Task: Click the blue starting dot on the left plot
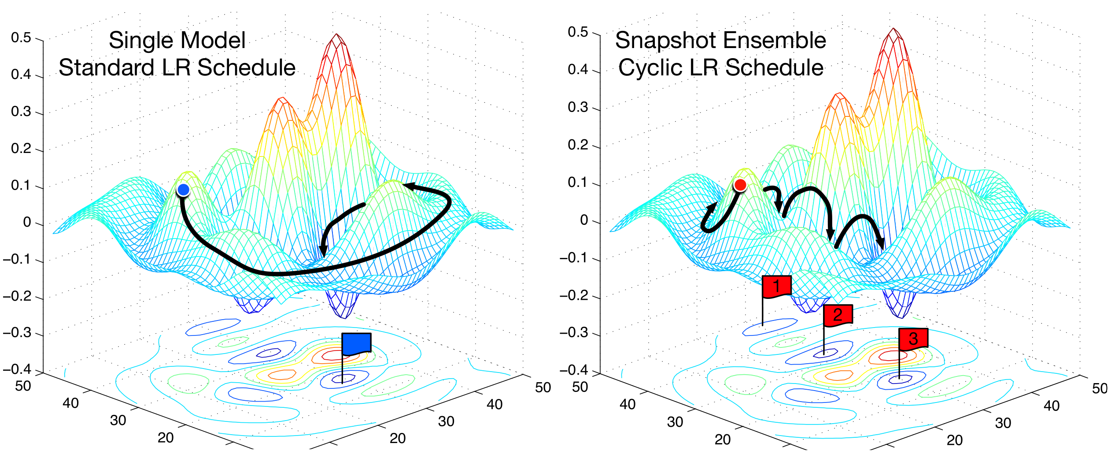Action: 183,190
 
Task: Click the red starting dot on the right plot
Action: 740,185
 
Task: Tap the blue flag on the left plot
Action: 356,344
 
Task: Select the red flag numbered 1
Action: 777,287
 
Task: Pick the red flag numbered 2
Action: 838,315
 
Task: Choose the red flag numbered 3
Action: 913,339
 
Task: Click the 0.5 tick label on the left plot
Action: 21,38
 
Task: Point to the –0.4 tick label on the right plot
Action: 573,370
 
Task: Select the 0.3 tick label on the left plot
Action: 21,112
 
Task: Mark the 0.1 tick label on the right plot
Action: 578,183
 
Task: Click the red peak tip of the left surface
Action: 337,35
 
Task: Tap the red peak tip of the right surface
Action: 893,30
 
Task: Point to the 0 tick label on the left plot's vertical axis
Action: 27,222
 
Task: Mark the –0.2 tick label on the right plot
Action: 573,295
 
